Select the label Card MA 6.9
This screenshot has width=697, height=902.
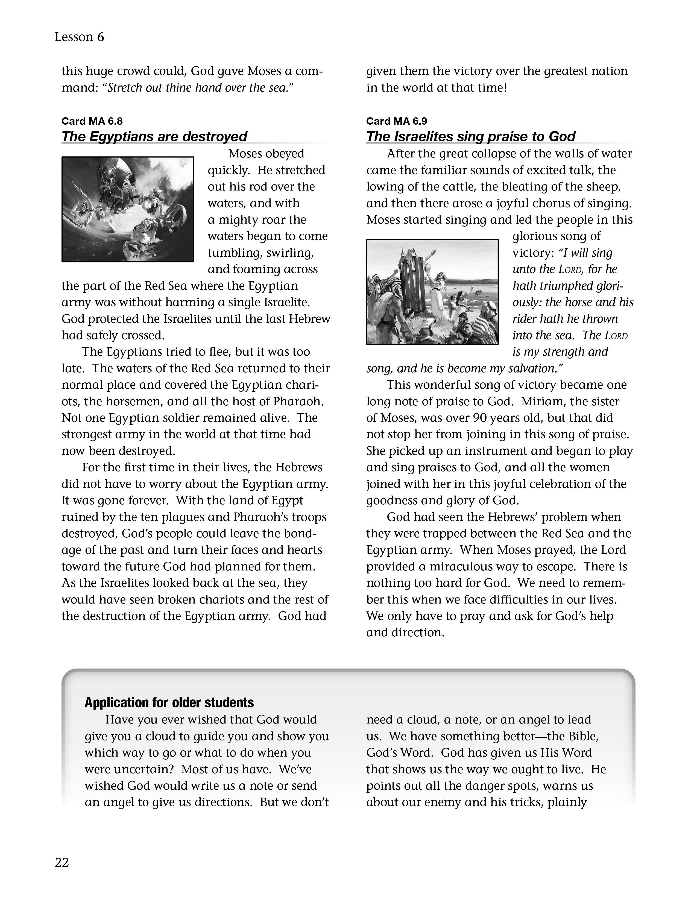tap(396, 121)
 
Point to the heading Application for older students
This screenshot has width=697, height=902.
tap(169, 702)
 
